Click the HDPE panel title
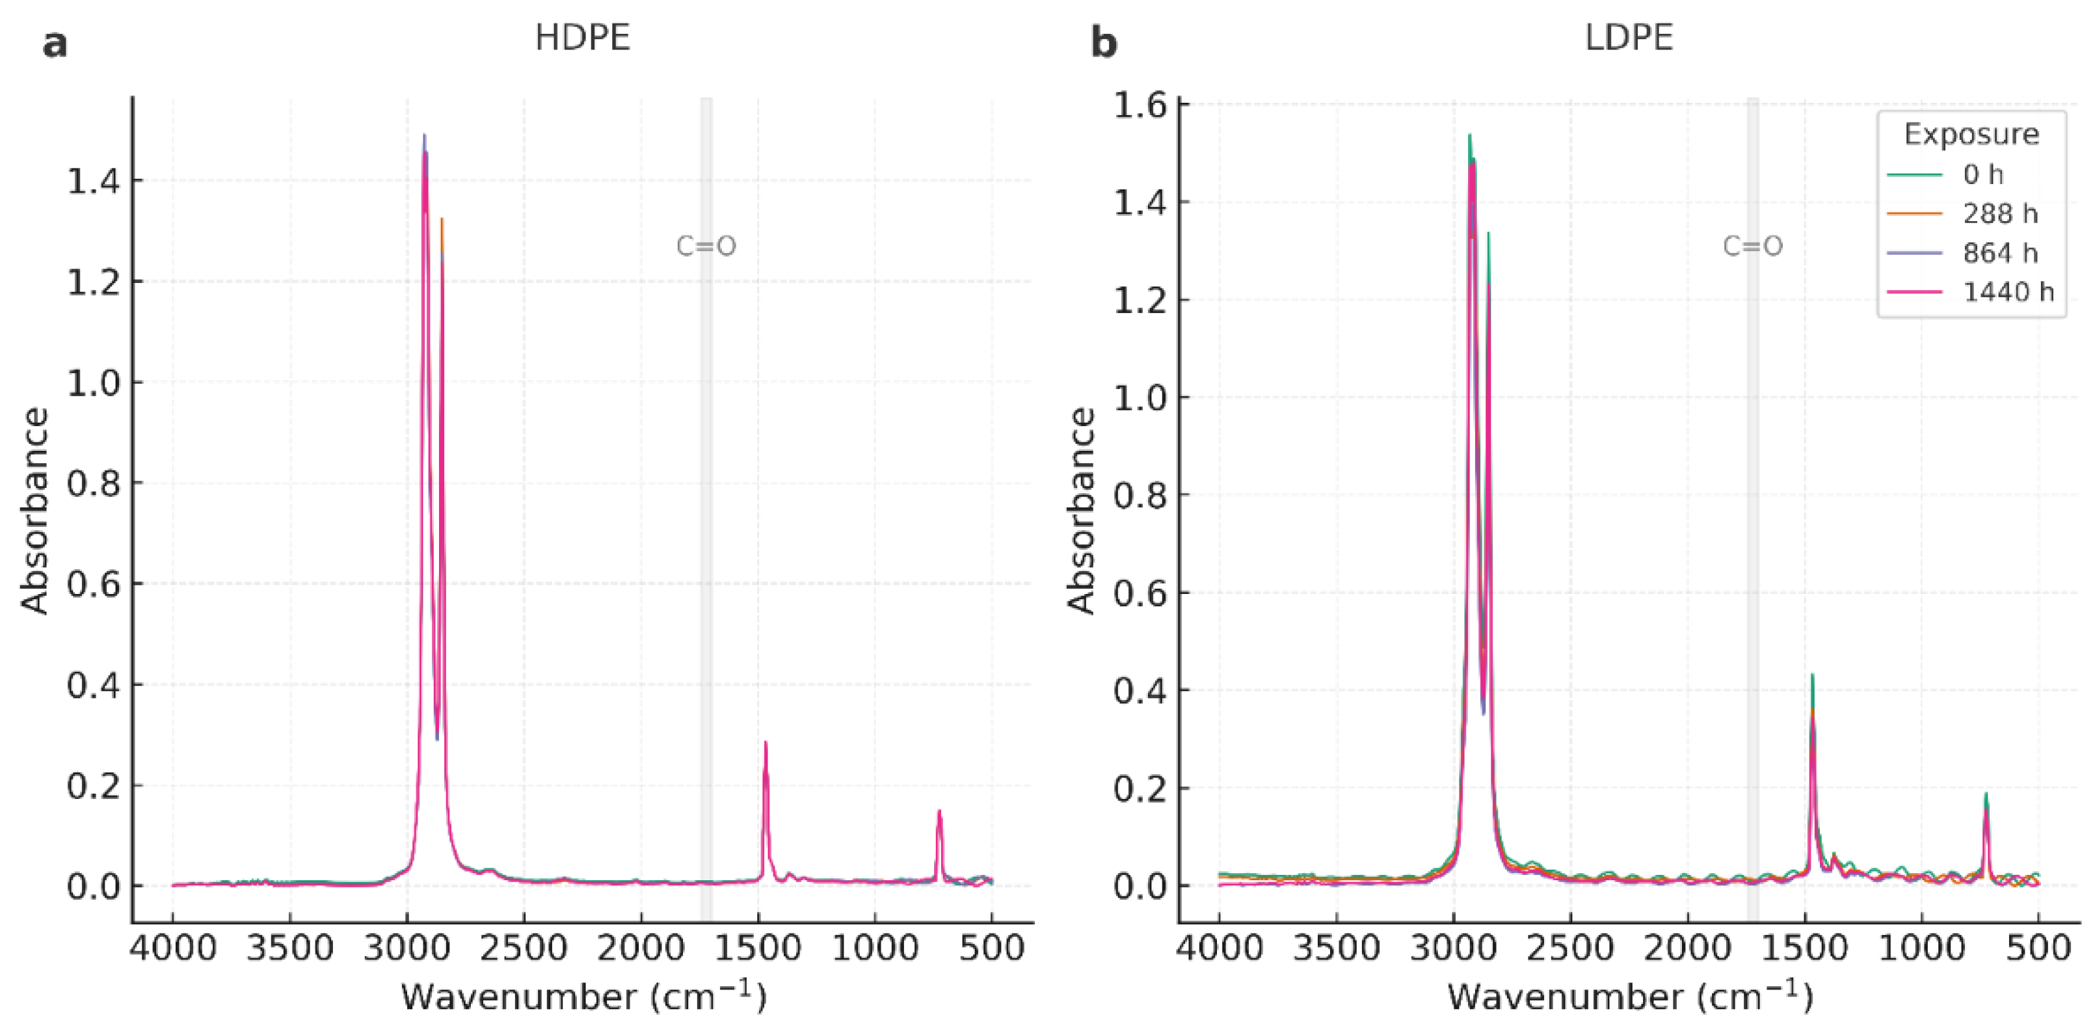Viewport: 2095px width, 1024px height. [582, 38]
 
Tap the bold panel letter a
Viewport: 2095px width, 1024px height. [55, 43]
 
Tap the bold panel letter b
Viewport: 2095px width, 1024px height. [1103, 43]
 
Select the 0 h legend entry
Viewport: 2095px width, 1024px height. [1982, 174]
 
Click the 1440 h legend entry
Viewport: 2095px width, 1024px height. [2007, 292]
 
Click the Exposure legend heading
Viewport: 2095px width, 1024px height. [1971, 134]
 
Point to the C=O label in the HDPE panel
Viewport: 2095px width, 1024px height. [706, 246]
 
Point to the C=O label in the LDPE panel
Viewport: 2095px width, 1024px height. [1753, 246]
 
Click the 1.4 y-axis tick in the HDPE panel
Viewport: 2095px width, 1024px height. [93, 181]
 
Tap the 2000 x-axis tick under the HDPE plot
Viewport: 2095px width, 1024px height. [641, 949]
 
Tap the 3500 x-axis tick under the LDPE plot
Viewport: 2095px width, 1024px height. [1336, 949]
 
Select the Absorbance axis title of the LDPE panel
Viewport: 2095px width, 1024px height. [1082, 510]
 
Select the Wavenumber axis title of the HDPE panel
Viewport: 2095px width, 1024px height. [583, 996]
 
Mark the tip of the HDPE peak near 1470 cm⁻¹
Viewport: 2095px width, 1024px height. [766, 742]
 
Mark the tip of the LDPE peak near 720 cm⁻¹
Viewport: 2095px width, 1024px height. [1986, 793]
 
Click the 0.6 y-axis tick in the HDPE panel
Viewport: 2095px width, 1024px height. [93, 584]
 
